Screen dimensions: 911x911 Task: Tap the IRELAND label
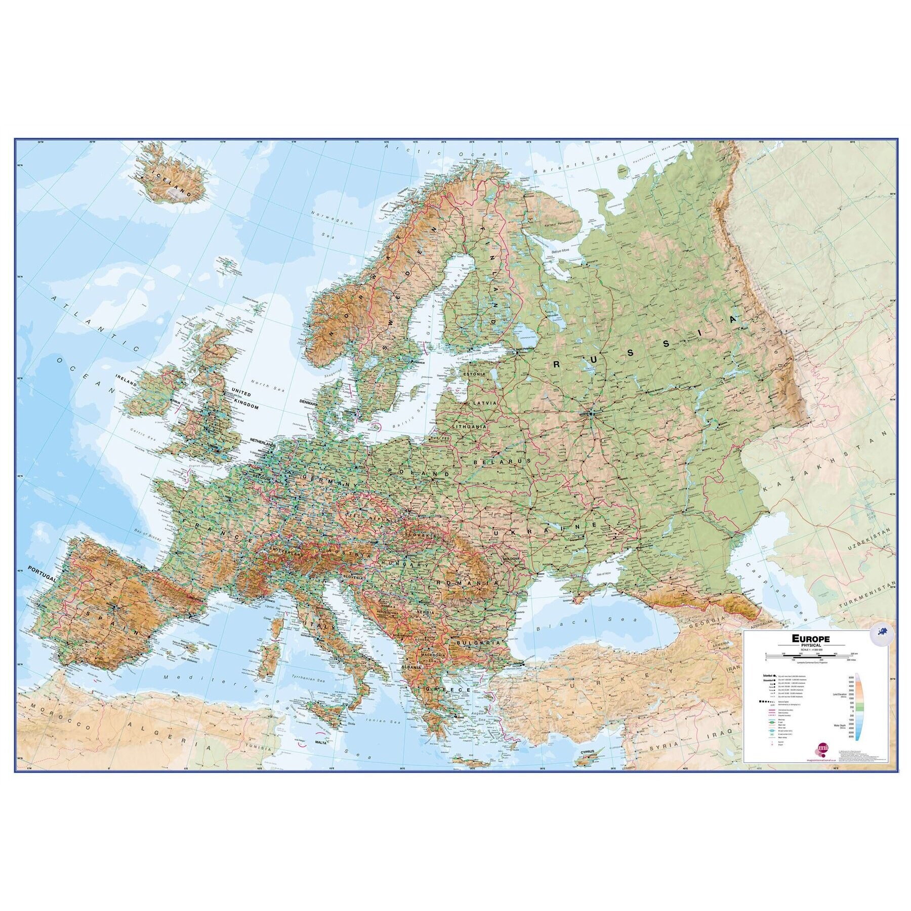click(x=127, y=384)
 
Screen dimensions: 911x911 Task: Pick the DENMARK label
click(x=308, y=403)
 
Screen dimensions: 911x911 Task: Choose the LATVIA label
click(x=484, y=403)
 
